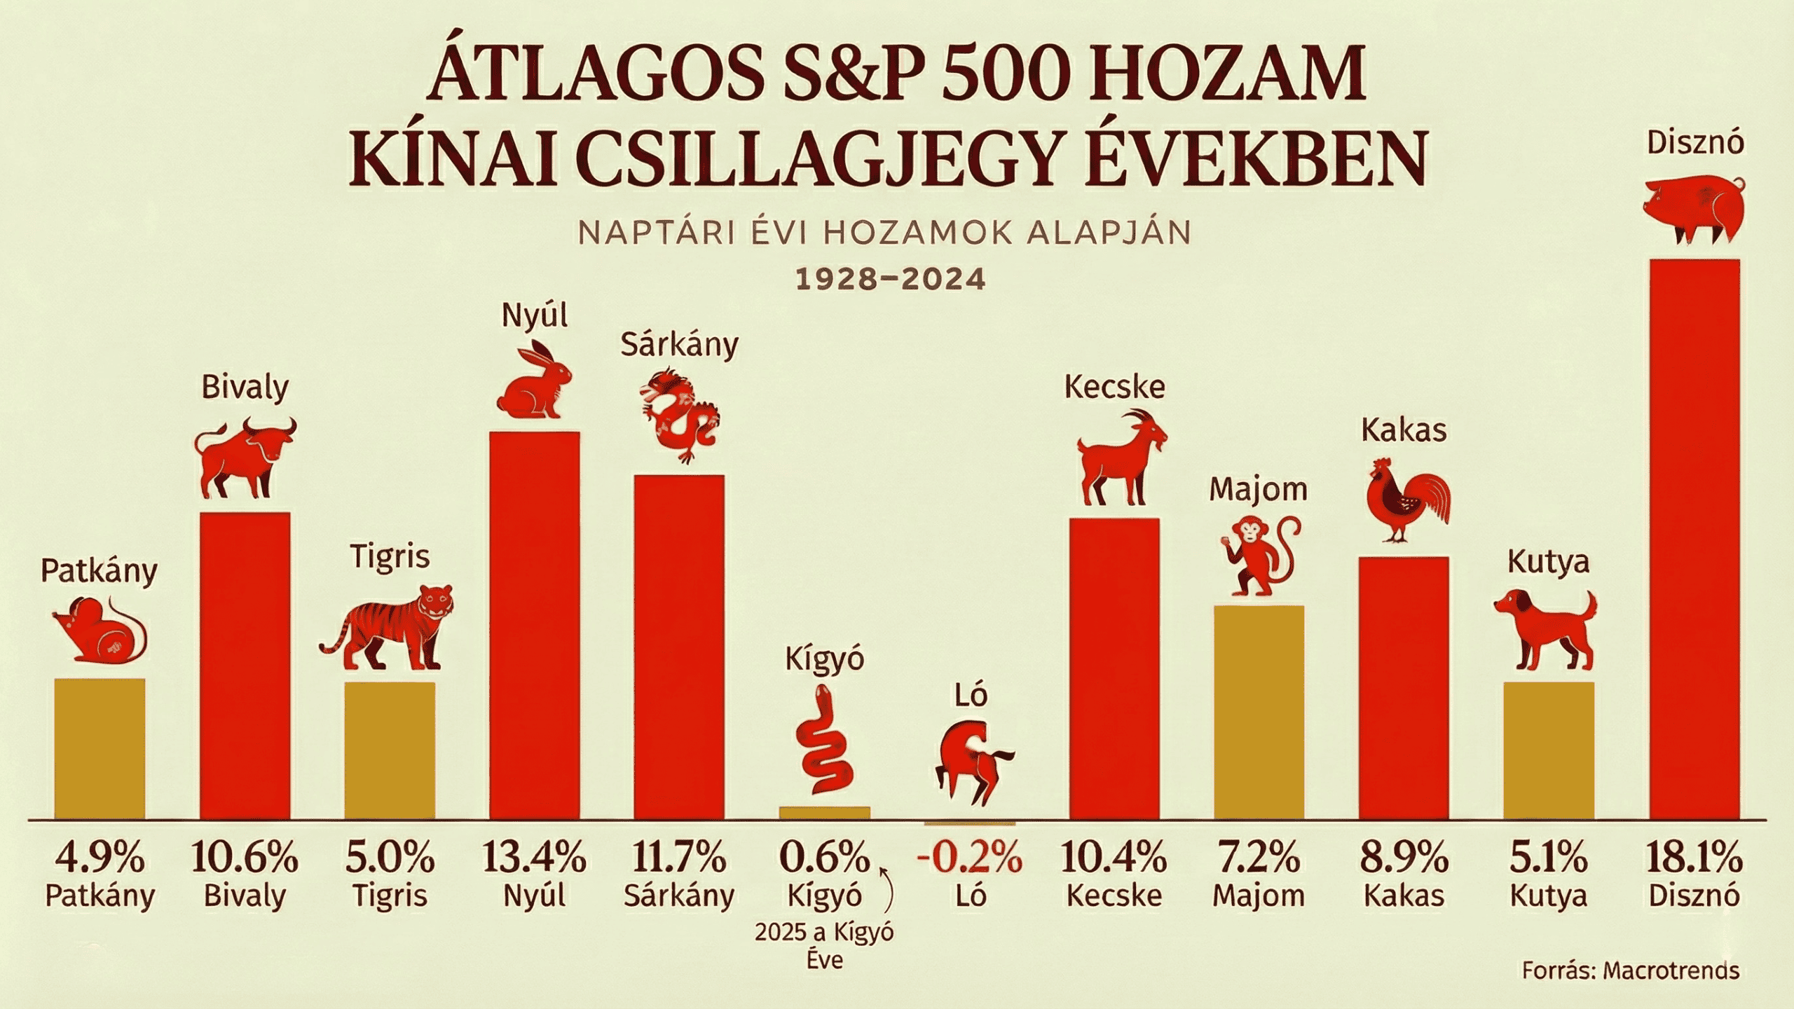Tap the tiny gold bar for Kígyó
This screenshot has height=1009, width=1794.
pyautogui.click(x=824, y=813)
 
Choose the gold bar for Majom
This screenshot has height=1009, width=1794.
pyautogui.click(x=1259, y=712)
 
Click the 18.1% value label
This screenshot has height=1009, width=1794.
pyautogui.click(x=1694, y=856)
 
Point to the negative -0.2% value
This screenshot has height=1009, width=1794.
pyautogui.click(x=970, y=856)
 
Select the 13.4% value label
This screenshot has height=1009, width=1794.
pyautogui.click(x=534, y=856)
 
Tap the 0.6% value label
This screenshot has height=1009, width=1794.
pyautogui.click(x=824, y=856)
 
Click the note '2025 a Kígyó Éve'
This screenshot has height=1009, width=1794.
pyautogui.click(x=824, y=945)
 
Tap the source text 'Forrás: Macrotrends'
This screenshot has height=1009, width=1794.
pyautogui.click(x=1630, y=970)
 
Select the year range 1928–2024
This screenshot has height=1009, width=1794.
pyautogui.click(x=891, y=279)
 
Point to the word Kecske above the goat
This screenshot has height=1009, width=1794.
pyautogui.click(x=1114, y=387)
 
